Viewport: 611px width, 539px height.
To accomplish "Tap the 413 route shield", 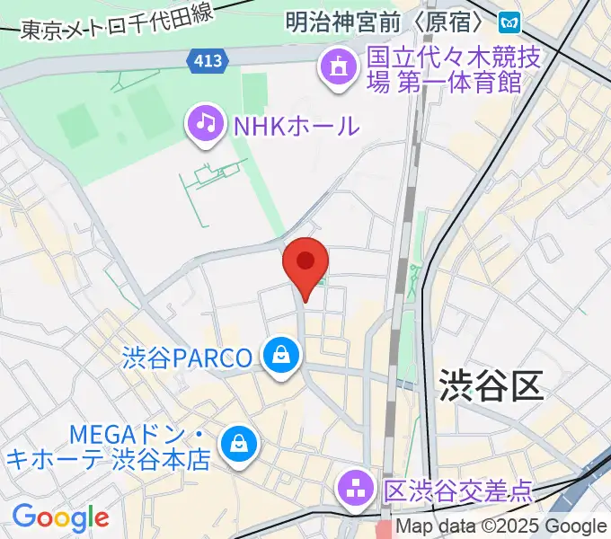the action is coord(208,61).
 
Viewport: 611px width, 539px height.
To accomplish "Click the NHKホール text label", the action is coord(296,126).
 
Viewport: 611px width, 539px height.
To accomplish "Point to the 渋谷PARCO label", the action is coord(187,358).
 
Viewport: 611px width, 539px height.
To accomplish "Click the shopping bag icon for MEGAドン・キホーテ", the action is coord(240,441).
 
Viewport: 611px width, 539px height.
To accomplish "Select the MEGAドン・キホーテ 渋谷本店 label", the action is coord(108,447).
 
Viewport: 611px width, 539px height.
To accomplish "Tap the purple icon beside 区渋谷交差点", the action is coord(357,490).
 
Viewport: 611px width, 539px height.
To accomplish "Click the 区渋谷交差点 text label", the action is coord(458,491).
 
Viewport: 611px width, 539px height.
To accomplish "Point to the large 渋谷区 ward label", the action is coord(491,386).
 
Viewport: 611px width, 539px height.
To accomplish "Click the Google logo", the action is coord(60,517).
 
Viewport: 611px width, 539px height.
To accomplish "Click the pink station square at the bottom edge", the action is coord(385,530).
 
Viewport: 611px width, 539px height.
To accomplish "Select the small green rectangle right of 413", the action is coord(254,89).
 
